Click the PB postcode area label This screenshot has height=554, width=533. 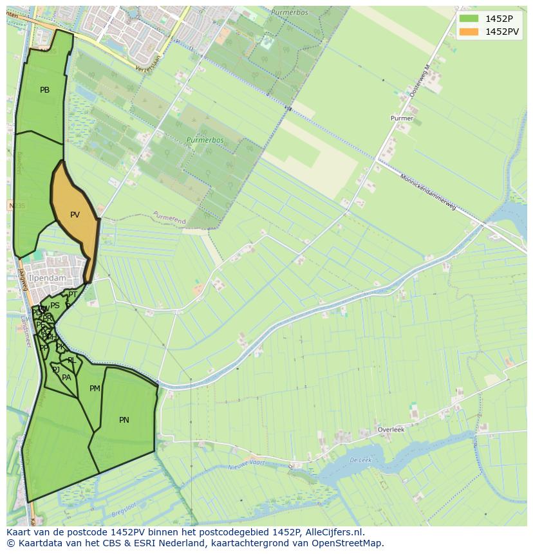click(44, 90)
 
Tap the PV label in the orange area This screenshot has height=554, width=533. click(75, 215)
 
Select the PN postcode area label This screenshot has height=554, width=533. click(124, 420)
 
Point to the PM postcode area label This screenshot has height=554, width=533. click(95, 389)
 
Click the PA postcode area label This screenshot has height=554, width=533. click(66, 378)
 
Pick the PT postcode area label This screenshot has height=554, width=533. click(73, 295)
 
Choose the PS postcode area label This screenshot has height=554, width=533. click(55, 306)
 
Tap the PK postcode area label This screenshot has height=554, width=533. click(61, 347)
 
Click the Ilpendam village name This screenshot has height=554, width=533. click(47, 278)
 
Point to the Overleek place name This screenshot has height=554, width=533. click(391, 429)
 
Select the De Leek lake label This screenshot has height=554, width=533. click(360, 461)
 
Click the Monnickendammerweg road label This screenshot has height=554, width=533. click(428, 192)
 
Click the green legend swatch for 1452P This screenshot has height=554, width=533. click(468, 18)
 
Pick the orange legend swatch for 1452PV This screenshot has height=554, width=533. click(468, 32)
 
